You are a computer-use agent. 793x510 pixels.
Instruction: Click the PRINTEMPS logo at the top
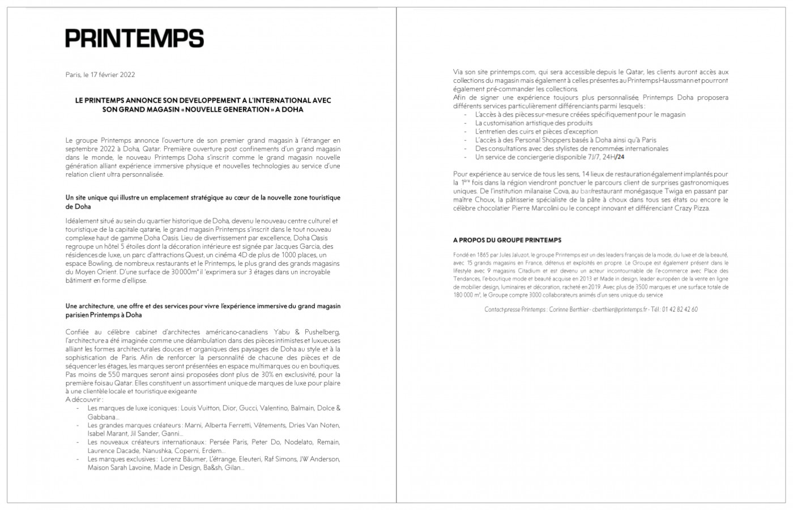click(134, 38)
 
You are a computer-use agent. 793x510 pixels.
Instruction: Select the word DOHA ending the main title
click(291, 109)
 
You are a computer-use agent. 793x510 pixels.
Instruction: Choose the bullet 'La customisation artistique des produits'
click(534, 123)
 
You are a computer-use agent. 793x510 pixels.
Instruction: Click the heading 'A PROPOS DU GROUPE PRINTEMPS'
click(507, 240)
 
